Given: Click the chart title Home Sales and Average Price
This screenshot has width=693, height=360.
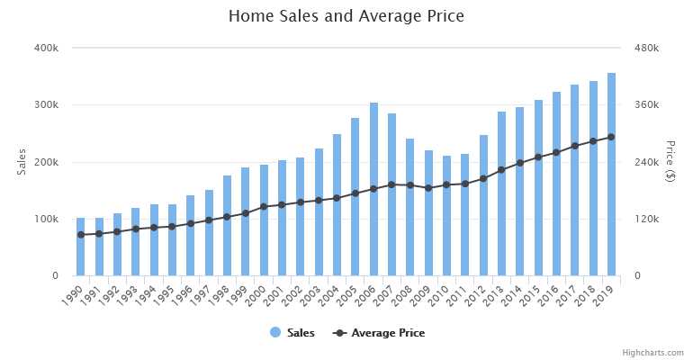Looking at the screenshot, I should click(x=346, y=16).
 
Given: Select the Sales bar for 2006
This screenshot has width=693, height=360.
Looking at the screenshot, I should click(x=373, y=189).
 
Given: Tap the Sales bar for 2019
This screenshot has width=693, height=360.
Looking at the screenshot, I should click(x=611, y=175).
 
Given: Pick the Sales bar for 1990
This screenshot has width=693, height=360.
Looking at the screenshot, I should click(x=81, y=247).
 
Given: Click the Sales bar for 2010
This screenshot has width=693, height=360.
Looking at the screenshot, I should click(x=446, y=216).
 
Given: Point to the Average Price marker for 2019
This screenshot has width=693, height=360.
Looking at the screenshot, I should click(x=611, y=137).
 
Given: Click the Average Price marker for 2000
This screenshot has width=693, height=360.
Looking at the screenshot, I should click(x=264, y=206).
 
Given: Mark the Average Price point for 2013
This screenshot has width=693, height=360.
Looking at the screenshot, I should click(x=501, y=169).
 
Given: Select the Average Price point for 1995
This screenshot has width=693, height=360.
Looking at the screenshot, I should click(x=172, y=226).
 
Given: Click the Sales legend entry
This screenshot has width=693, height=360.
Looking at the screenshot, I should click(x=292, y=333).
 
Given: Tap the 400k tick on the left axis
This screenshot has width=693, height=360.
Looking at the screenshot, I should click(x=46, y=48).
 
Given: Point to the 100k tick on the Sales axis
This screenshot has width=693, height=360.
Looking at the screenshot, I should click(x=46, y=219).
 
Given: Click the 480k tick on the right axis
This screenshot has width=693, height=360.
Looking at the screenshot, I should click(x=647, y=48).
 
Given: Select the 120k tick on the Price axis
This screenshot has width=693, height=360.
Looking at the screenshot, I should click(x=647, y=219).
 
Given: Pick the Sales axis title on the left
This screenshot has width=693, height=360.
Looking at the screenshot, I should click(x=22, y=162).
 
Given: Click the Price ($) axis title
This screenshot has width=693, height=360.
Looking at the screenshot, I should click(x=670, y=162).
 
